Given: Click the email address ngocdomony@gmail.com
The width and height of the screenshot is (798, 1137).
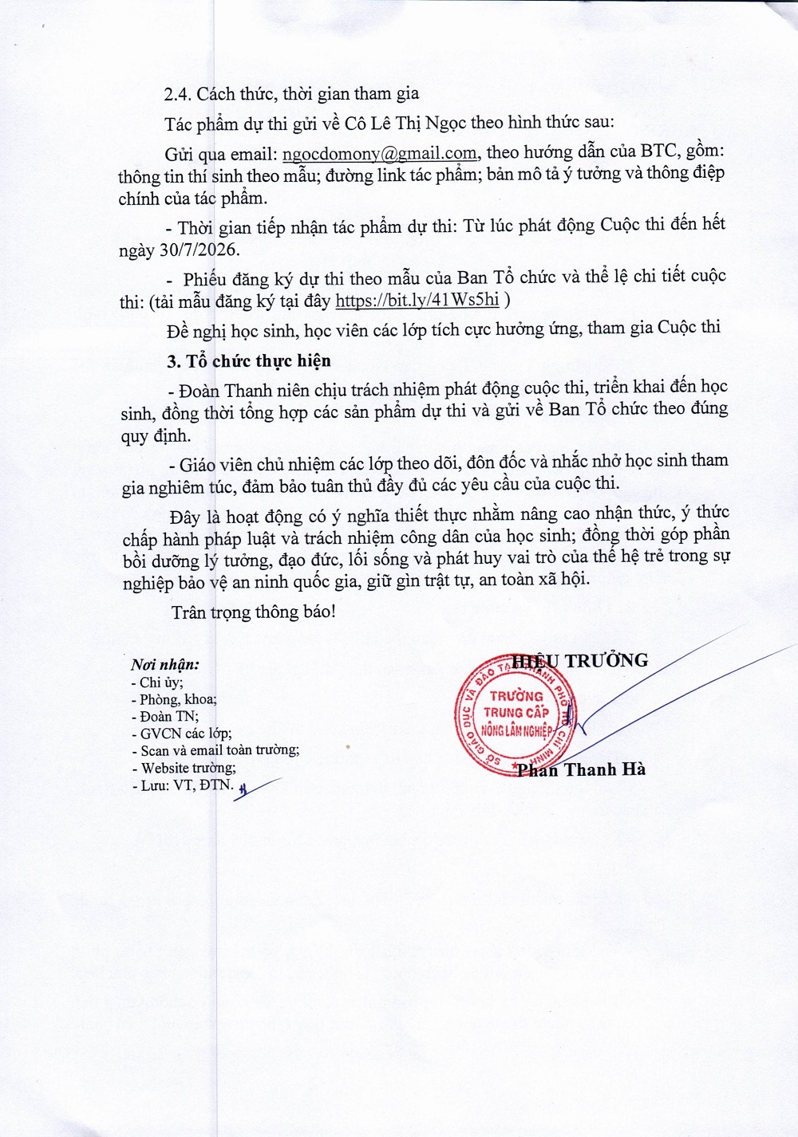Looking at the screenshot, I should click(381, 153).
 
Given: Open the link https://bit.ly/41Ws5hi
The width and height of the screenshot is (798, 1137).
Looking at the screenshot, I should click(417, 301).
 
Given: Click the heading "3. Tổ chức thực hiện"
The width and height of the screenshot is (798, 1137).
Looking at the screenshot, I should click(249, 361).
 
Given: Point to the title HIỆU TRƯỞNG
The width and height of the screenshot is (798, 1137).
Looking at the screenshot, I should click(580, 660).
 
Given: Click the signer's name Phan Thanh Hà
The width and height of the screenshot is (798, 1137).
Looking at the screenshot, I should click(581, 769).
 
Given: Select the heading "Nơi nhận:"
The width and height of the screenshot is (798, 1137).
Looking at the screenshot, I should click(165, 664).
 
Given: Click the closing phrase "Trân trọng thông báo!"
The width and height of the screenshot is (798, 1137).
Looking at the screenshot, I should click(253, 612).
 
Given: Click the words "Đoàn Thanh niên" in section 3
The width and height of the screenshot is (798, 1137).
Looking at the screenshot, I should click(235, 391).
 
